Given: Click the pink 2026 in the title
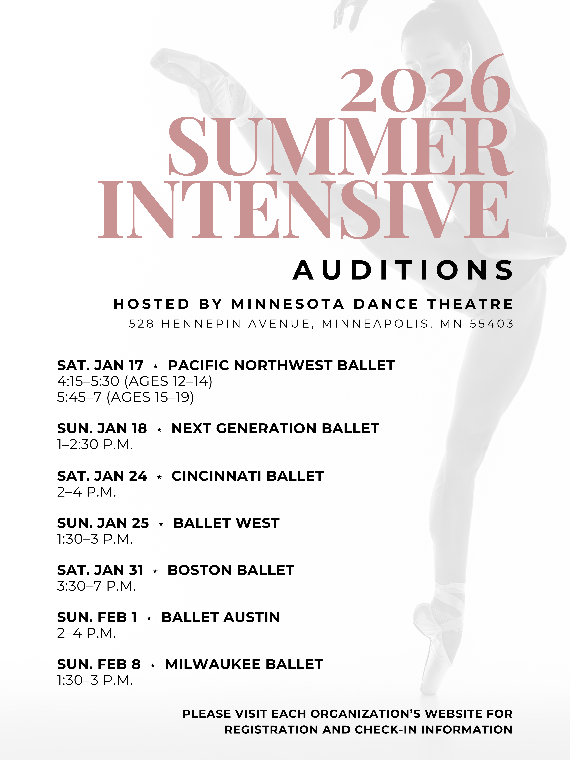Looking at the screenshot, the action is point(425,83).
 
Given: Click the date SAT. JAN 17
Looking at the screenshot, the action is point(100,365).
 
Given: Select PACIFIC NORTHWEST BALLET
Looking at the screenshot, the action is point(281,365).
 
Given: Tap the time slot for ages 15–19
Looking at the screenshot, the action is point(125,397).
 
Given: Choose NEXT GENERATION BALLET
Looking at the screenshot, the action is point(275,428).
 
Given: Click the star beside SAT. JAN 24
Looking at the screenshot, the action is point(159,477).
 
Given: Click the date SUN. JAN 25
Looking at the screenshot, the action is point(103,523).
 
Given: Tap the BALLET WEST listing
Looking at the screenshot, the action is point(226,523).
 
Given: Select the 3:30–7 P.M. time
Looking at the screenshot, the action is point(97,586).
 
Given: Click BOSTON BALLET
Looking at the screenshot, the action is point(231,570).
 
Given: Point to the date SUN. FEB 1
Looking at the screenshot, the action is point(97,617).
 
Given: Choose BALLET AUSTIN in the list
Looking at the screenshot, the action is point(221,617).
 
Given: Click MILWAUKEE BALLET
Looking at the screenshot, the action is point(244,664).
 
